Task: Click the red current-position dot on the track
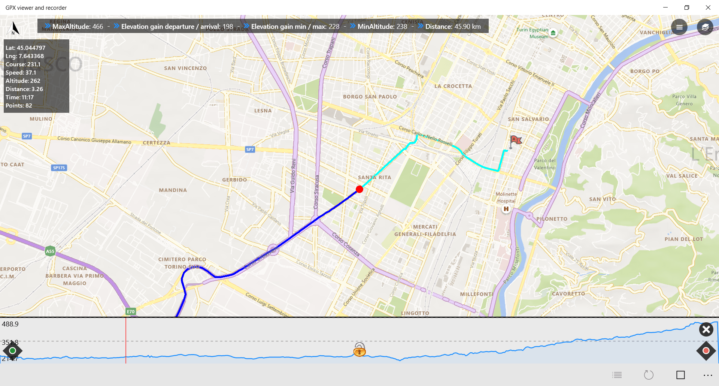(x=359, y=189)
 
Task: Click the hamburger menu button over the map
(x=679, y=27)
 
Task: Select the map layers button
(x=705, y=27)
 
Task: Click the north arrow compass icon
(x=15, y=28)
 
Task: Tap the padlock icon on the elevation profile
(x=359, y=349)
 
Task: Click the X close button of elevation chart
(x=706, y=329)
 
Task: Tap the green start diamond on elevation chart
(x=13, y=350)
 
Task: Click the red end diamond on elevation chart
(x=706, y=351)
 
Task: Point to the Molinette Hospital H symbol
(x=506, y=209)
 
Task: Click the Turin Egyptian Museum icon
(x=553, y=33)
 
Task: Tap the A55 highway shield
(x=50, y=251)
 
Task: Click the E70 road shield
(x=131, y=311)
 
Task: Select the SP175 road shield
(x=59, y=168)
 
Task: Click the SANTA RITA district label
(x=374, y=177)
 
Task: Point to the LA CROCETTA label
(x=453, y=86)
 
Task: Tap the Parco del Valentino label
(x=545, y=164)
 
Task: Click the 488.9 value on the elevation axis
(x=10, y=324)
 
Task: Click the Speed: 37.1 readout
(x=21, y=73)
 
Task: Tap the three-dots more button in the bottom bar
(x=708, y=375)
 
